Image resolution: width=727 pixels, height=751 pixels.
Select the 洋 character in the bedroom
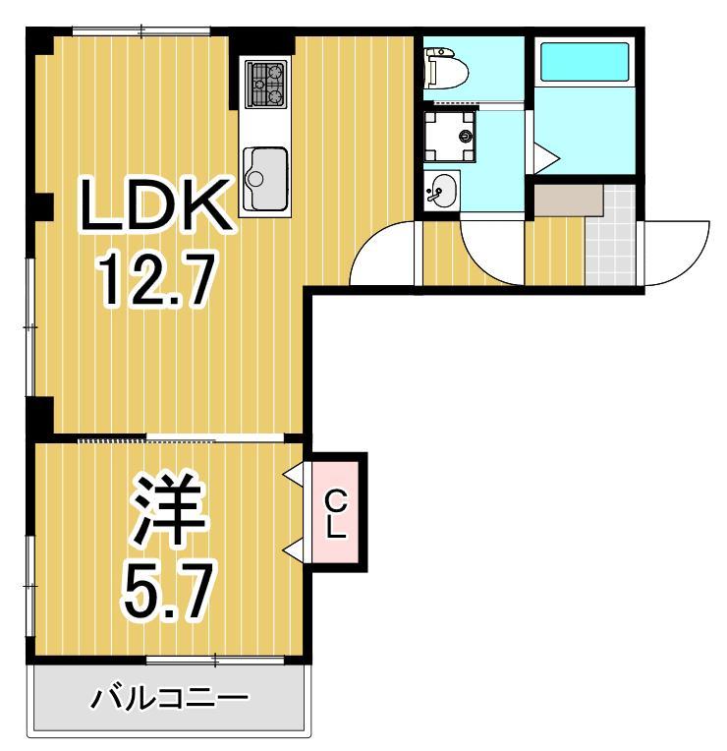pos(169,512)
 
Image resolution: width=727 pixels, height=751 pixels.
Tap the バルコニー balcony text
pos(170,701)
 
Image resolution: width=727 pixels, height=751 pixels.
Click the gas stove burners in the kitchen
pos(265,83)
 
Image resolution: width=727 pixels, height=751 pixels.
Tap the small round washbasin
pos(443,190)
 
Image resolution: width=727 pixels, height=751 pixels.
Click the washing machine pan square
pos(450,136)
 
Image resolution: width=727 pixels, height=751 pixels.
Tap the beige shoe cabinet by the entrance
pos(568,200)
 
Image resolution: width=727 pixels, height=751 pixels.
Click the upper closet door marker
pos(294,476)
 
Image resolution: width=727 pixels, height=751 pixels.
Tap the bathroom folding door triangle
pos(545,156)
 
